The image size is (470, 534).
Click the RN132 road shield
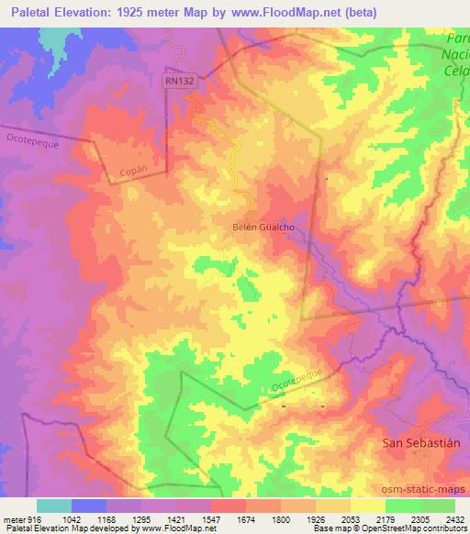(179, 81)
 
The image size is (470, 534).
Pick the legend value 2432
(455, 519)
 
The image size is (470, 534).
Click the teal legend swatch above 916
(54, 506)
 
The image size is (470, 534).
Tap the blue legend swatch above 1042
(89, 506)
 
